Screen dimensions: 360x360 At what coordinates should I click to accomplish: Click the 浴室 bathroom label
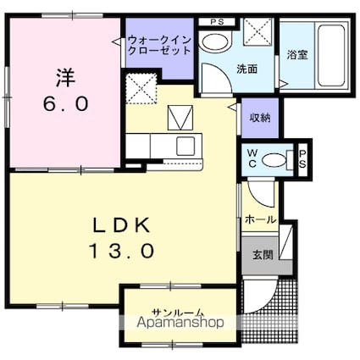(x=297, y=55)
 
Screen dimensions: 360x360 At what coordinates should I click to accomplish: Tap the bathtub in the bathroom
(x=332, y=56)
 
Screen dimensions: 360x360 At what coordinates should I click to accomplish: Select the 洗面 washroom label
(x=247, y=69)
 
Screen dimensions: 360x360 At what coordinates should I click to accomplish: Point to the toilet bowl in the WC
(x=274, y=161)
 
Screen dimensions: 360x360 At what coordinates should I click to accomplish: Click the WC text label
(x=252, y=159)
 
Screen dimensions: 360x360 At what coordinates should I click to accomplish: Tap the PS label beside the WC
(x=302, y=158)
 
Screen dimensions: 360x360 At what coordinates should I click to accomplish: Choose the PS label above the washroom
(x=217, y=22)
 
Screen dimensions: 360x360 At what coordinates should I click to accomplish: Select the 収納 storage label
(x=260, y=118)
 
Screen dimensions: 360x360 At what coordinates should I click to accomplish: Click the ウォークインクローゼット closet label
(x=159, y=45)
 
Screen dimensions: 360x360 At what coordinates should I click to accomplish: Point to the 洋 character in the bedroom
(x=65, y=77)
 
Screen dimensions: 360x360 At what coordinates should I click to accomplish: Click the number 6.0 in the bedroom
(x=66, y=103)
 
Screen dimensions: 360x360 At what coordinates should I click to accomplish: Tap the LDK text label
(x=122, y=225)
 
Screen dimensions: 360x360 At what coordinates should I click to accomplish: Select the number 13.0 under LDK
(x=122, y=252)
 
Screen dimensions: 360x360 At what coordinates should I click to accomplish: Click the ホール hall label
(x=260, y=219)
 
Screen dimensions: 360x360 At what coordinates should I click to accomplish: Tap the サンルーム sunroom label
(x=178, y=312)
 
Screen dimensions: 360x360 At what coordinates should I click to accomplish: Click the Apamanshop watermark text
(x=180, y=322)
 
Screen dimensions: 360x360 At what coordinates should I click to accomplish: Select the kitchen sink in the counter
(x=186, y=146)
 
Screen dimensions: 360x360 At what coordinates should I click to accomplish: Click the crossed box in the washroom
(x=258, y=31)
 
